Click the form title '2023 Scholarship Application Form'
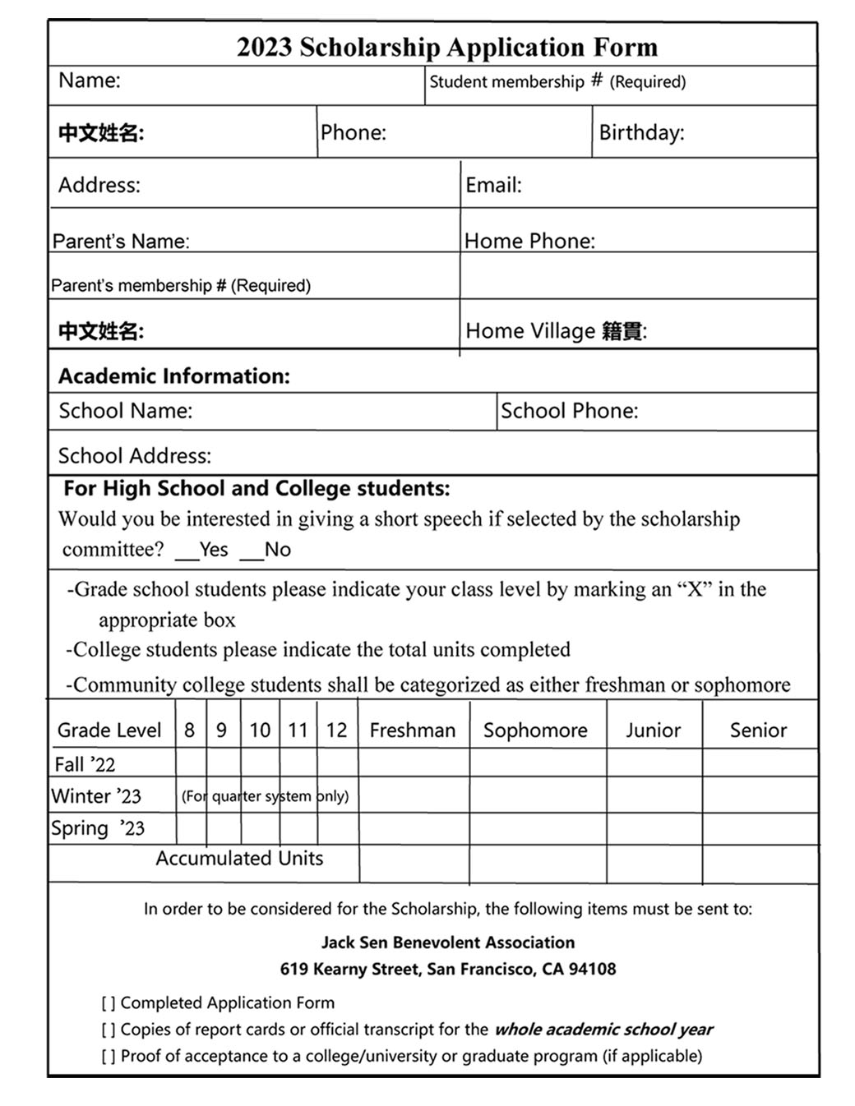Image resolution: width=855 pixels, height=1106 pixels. pos(447,47)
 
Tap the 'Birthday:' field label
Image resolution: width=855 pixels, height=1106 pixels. pos(641,132)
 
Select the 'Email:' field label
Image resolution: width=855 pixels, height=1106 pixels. pos(493,185)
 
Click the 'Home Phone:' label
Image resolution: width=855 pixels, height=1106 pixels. pos(529,241)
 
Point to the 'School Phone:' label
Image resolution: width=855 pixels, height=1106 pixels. pos(569,411)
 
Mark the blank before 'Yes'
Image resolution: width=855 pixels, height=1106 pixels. pos(187,551)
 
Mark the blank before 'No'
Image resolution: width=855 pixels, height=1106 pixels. pos(252,551)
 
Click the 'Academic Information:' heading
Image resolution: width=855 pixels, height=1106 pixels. pos(173,376)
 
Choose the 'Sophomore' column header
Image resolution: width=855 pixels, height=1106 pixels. pos(535,730)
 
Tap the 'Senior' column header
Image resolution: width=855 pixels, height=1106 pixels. pos(758,730)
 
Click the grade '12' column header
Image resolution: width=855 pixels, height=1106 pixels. pos(336,730)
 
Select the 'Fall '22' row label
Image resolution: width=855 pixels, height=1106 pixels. pos(85,764)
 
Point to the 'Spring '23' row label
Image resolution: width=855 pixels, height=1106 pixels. pos(97,828)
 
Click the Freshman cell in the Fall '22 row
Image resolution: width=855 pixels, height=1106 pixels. pos(414,763)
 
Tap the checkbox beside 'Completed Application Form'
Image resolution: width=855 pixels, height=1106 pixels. pos(109,1003)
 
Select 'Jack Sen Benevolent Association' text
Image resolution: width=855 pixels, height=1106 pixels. pos(447,942)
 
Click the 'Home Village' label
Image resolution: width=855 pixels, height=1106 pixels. pos(529,331)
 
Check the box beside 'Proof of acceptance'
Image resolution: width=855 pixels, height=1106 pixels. pos(109,1056)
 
